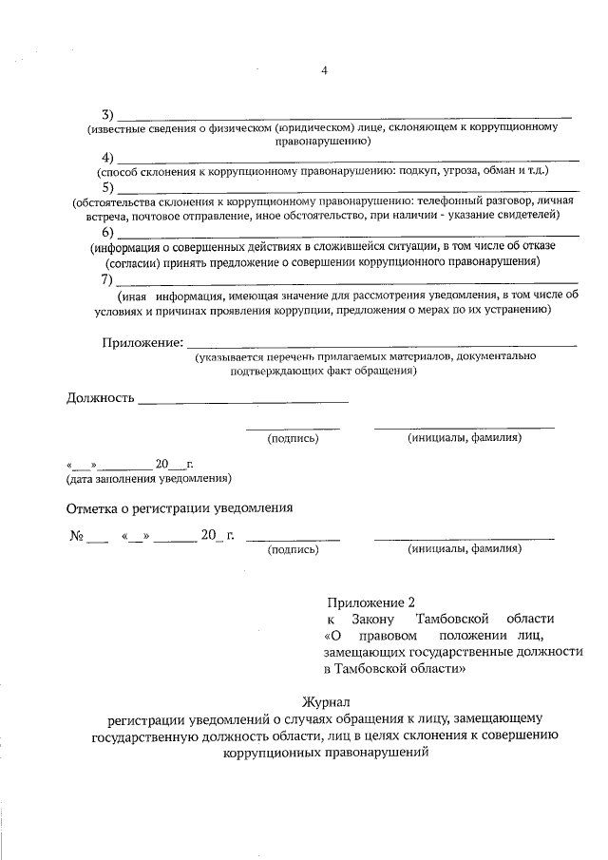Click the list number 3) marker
coord(108,115)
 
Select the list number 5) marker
coord(108,188)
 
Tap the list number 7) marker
coord(108,279)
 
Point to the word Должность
coord(100,397)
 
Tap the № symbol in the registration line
coord(78,536)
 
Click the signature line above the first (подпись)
coord(293,428)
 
